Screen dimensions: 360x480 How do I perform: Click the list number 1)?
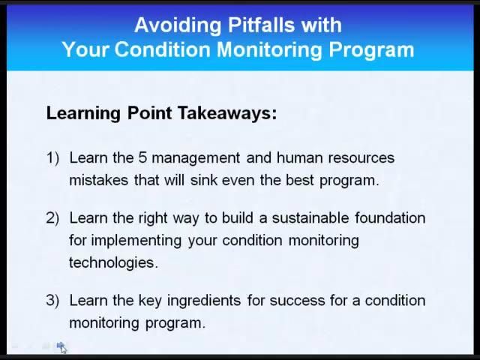(x=52, y=158)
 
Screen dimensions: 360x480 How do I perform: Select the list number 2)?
(x=52, y=218)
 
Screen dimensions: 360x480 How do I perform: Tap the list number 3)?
(x=52, y=301)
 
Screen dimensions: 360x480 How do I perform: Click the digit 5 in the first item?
(x=142, y=158)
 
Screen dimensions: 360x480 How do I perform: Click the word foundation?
(x=390, y=218)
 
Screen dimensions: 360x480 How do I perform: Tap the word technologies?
(x=113, y=263)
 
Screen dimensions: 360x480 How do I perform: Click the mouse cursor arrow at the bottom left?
(x=62, y=347)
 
